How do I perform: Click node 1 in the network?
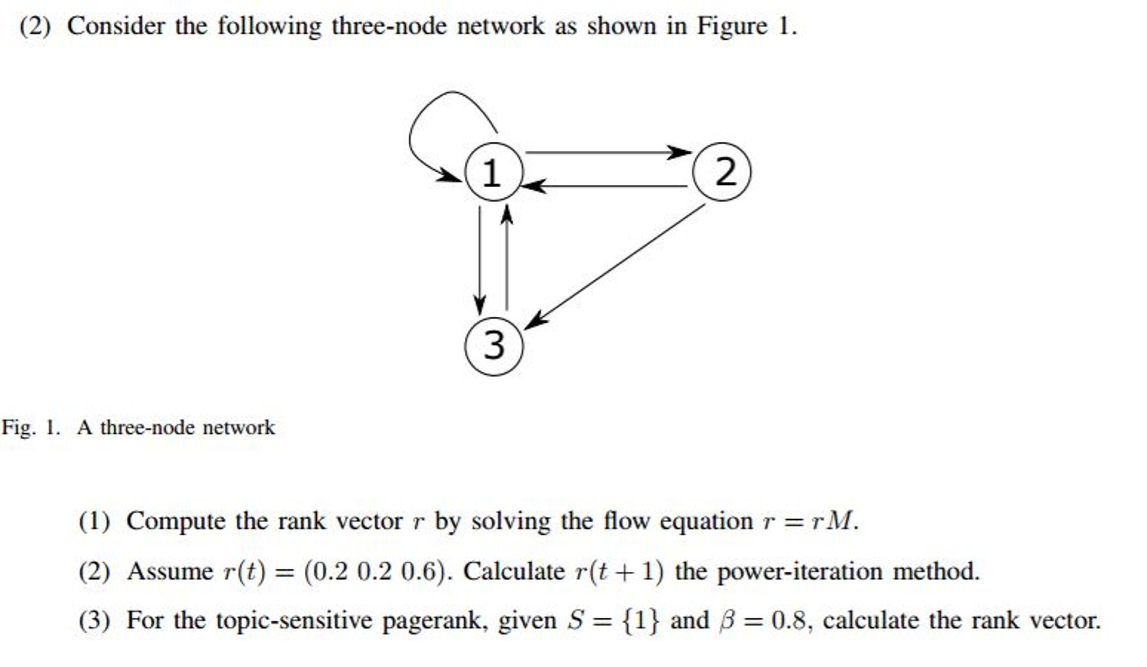point(493,172)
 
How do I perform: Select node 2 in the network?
point(721,172)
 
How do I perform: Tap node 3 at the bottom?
point(493,346)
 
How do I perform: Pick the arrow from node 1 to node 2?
point(605,152)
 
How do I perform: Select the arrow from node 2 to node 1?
point(605,186)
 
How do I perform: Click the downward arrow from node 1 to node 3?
point(479,258)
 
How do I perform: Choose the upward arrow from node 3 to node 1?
point(507,258)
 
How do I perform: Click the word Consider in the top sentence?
point(115,26)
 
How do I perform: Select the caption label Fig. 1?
point(30,428)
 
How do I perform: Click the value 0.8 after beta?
point(789,620)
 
